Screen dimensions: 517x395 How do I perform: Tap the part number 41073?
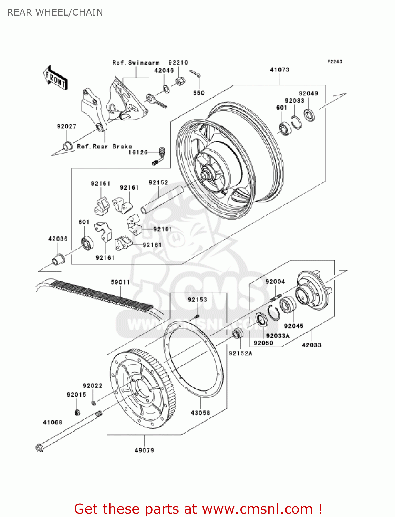[x=280, y=70]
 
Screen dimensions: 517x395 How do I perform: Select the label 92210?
[x=178, y=63]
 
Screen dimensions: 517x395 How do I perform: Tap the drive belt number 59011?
[x=120, y=282]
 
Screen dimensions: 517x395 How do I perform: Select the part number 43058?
[x=200, y=413]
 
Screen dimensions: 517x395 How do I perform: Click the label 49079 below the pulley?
[x=144, y=450]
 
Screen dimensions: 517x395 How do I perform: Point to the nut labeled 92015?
[x=77, y=412]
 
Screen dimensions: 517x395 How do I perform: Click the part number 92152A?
[x=240, y=353]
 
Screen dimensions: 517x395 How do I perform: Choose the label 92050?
[x=263, y=343]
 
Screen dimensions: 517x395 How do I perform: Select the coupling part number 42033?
[x=311, y=345]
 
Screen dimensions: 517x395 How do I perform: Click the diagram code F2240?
[x=334, y=62]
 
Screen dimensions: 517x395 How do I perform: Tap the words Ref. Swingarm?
[x=136, y=63]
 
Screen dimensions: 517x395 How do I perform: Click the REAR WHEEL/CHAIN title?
[x=55, y=12]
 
